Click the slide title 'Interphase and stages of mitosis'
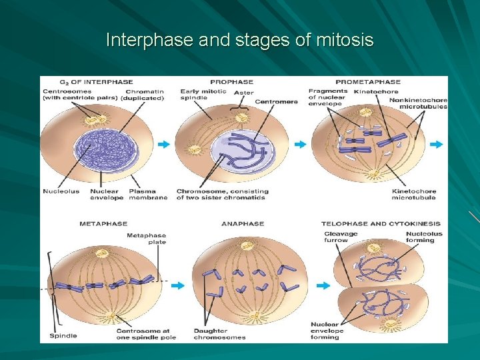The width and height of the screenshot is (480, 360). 240,41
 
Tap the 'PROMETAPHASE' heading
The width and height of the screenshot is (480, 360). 368,82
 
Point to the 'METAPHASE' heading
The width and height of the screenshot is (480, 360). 103,224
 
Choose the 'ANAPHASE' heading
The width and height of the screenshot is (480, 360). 243,224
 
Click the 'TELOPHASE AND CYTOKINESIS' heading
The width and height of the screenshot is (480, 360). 381,224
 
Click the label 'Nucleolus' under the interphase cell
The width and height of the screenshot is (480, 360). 61,191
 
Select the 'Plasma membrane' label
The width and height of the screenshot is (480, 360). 148,195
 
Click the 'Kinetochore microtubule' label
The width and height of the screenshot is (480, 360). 414,195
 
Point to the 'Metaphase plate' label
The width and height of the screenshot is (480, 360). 147,238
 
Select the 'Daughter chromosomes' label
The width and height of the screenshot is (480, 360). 219,334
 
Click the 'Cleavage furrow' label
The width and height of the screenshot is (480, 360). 341,237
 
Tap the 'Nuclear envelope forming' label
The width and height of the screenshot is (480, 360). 327,331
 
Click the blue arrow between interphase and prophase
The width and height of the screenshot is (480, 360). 163,144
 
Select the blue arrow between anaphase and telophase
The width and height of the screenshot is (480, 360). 323,285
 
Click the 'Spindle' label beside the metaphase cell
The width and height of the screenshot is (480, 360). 63,335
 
